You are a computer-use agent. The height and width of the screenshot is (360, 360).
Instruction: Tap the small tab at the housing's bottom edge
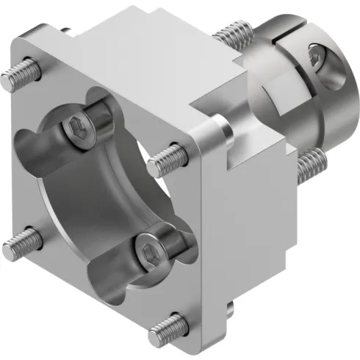230,309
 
